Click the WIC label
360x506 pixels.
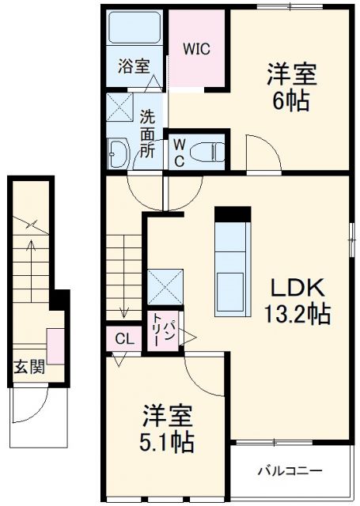click(197, 49)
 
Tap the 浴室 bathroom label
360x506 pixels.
click(134, 66)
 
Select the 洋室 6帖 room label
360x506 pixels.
click(291, 88)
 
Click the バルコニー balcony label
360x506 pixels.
click(290, 471)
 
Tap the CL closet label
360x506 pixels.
click(124, 338)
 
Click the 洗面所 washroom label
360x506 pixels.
click(148, 133)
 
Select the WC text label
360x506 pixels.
click(179, 151)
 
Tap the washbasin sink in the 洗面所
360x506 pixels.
click(119, 153)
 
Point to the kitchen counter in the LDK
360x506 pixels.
click(233, 260)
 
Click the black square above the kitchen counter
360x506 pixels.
click(233, 213)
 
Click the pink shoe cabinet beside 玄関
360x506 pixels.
click(55, 346)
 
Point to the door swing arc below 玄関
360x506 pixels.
click(28, 410)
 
